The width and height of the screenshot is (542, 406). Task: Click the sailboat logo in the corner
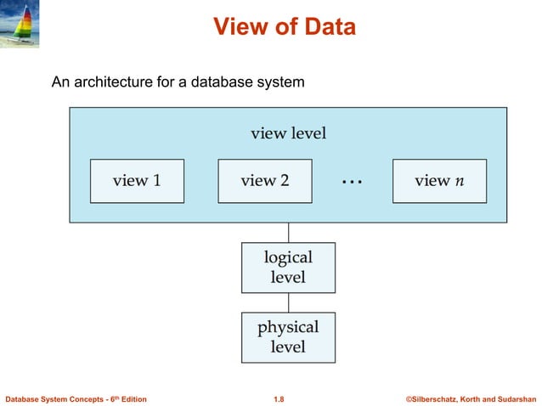(x=23, y=25)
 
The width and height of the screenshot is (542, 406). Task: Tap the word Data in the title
(x=327, y=27)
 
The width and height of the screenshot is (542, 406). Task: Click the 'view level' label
(x=288, y=133)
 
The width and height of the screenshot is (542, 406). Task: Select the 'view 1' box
(x=137, y=181)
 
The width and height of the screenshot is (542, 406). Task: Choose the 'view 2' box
(x=264, y=181)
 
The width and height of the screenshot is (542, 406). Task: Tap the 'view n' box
(x=439, y=181)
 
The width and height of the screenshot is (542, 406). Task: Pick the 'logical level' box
(x=288, y=267)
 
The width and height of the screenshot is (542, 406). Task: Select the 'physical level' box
(x=288, y=337)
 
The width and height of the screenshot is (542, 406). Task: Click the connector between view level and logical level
(x=288, y=232)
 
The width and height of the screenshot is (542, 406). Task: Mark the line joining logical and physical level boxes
(x=288, y=302)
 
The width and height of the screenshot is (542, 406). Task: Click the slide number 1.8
(x=279, y=398)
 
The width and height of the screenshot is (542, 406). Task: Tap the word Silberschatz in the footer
(x=434, y=398)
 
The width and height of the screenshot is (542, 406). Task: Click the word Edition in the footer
(x=130, y=398)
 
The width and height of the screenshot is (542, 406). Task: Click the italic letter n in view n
(x=459, y=181)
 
